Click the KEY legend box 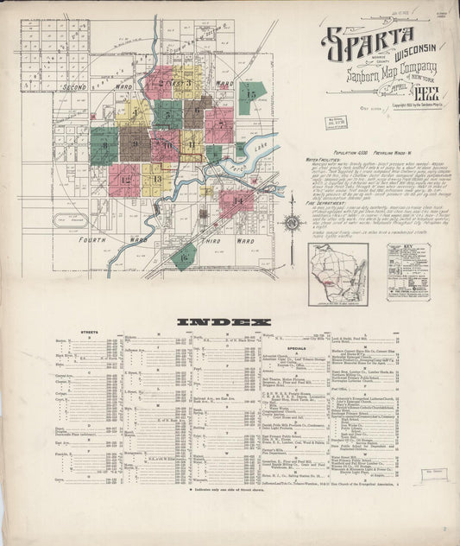point(407,271)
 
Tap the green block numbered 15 point(251,96)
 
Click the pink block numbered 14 point(236,200)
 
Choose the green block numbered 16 point(183,254)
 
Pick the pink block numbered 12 point(124,180)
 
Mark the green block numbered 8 point(104,145)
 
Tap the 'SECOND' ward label point(75,87)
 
